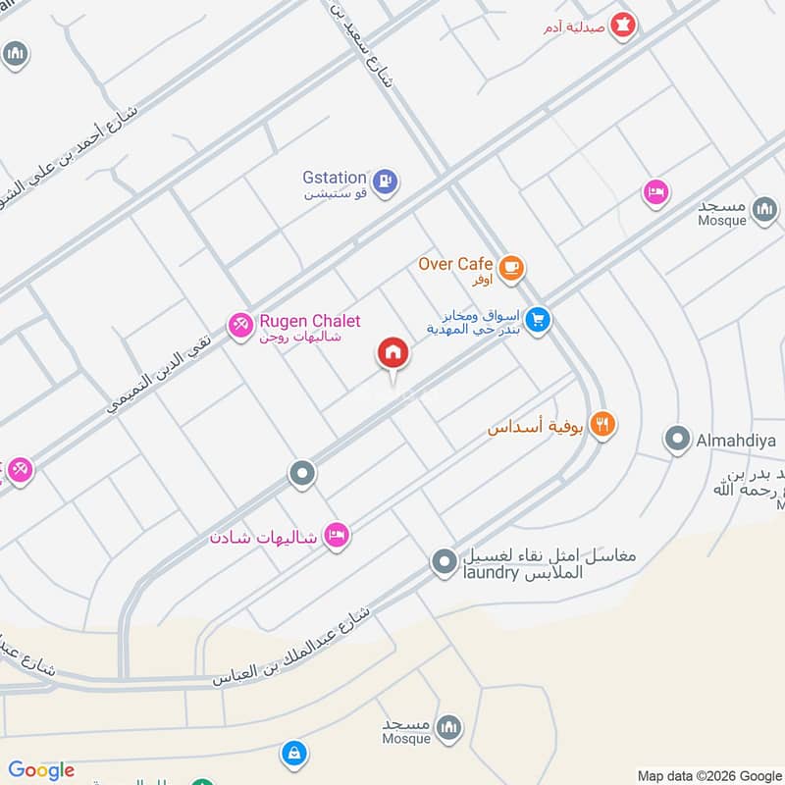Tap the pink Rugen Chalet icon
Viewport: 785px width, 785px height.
pyautogui.click(x=240, y=325)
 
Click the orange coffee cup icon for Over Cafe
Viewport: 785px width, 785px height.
pyautogui.click(x=510, y=267)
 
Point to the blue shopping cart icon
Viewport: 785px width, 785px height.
pyautogui.click(x=537, y=320)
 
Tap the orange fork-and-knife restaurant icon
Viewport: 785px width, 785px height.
pyautogui.click(x=603, y=425)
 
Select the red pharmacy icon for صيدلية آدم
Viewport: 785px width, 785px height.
pyautogui.click(x=621, y=26)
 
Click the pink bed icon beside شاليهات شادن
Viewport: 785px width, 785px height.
pyautogui.click(x=337, y=535)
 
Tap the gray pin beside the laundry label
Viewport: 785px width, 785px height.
pyautogui.click(x=445, y=563)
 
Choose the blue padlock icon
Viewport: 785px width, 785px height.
pyautogui.click(x=291, y=754)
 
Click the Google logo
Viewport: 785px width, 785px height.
pyautogui.click(x=41, y=770)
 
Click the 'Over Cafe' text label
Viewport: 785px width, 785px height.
pyautogui.click(x=456, y=263)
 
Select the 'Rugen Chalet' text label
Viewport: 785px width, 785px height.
pyautogui.click(x=309, y=321)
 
